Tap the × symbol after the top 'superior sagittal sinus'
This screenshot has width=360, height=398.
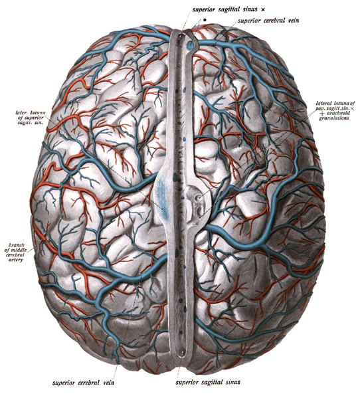pos(262,9)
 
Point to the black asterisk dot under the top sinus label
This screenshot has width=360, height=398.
pos(205,19)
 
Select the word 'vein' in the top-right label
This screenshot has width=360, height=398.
pos(293,21)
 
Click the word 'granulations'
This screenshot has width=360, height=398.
pos(334,118)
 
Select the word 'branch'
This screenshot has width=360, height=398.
pos(17,245)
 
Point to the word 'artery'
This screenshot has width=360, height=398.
pos(16,260)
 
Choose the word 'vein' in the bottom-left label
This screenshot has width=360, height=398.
pos(108,383)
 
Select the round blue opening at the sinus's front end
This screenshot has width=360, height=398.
pos(191,46)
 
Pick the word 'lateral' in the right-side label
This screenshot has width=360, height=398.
pos(324,104)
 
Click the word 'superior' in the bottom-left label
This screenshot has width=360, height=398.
pos(64,383)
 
